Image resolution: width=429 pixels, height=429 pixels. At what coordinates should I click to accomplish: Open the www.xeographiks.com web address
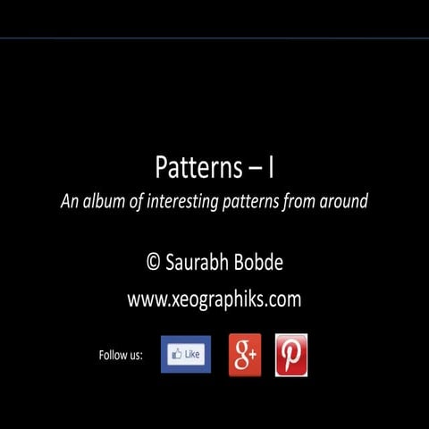[214, 300]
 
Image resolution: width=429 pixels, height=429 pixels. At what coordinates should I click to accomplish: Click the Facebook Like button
[186, 355]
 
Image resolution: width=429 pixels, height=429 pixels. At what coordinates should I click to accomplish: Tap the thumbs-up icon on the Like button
[173, 355]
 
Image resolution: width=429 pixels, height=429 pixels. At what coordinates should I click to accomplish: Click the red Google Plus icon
[245, 355]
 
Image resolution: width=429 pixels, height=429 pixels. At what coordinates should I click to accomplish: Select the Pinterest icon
[291, 355]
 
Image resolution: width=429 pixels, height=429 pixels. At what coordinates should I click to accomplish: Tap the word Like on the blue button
[192, 355]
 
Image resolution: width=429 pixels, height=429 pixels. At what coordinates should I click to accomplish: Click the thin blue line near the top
[214, 38]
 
